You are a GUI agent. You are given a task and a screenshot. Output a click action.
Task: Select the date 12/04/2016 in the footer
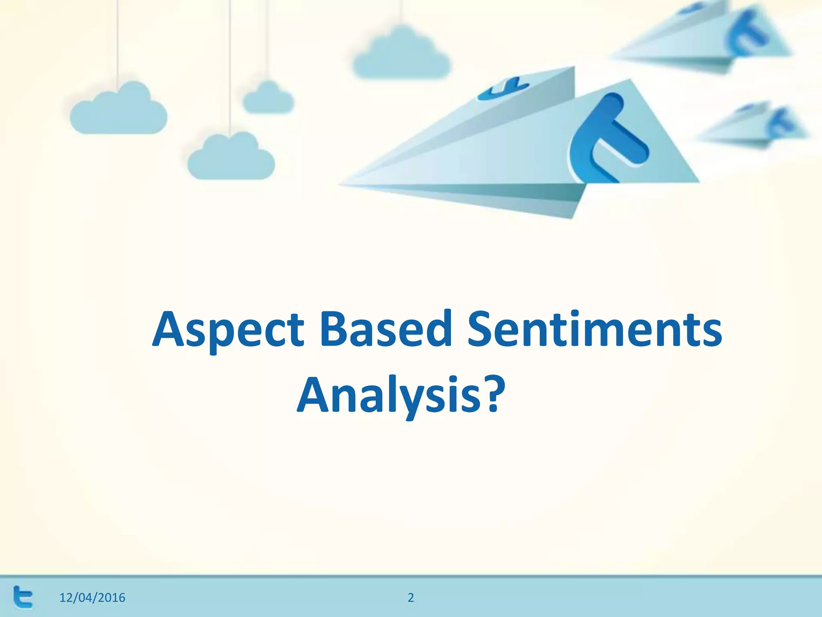coord(92,598)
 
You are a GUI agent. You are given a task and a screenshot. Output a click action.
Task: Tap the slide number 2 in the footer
coord(411,598)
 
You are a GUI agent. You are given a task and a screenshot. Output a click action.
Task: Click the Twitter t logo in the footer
coord(23,597)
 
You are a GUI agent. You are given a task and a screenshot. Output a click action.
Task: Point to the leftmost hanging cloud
coord(118,110)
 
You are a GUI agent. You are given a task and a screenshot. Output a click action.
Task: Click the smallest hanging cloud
coord(268,99)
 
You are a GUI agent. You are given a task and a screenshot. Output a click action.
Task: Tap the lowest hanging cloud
coord(231,159)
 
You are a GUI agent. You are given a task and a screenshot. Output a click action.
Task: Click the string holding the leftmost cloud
coord(117,40)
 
